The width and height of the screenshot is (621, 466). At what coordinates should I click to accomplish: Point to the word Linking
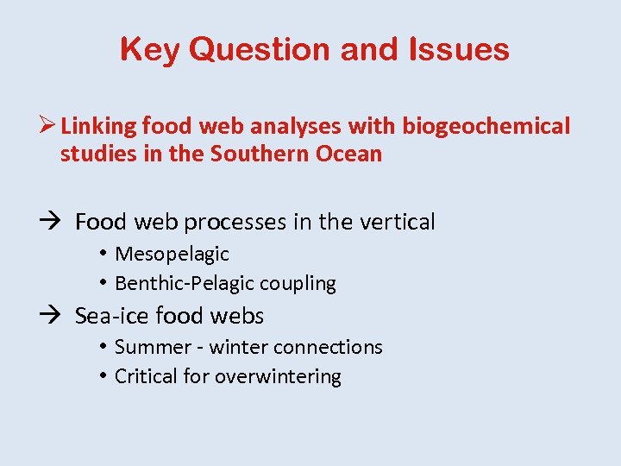tap(99, 126)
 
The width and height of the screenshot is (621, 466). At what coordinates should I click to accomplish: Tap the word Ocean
tap(349, 154)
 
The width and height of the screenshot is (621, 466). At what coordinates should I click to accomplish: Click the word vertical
tap(395, 222)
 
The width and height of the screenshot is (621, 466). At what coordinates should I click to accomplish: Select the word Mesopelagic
tap(172, 254)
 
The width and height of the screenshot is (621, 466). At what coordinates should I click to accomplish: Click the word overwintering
tap(278, 376)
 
